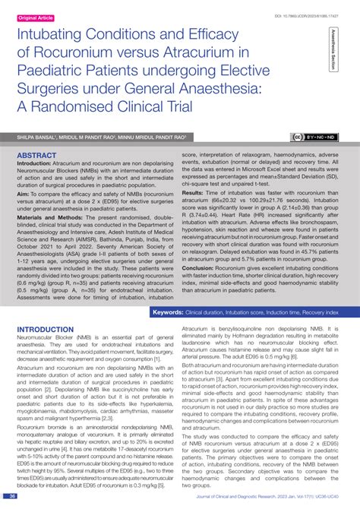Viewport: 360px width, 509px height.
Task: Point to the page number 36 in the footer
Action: click(13, 497)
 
